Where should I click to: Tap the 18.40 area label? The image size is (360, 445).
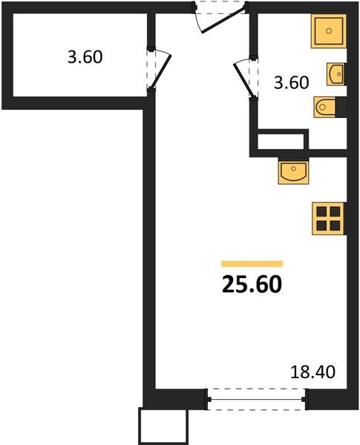tap(312, 370)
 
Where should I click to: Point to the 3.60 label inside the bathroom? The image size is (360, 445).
tap(291, 82)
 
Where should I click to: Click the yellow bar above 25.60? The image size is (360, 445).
tap(252, 263)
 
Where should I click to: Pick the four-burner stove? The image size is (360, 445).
tap(327, 218)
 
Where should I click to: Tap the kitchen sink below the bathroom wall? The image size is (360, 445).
tap(294, 172)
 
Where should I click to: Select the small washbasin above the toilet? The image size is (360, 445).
tap(336, 72)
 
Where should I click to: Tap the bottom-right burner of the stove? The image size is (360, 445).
tap(334, 225)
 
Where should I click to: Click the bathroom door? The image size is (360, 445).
tap(243, 76)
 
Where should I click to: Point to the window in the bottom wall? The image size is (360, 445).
tap(256, 401)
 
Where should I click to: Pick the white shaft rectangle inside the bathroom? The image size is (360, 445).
tap(281, 141)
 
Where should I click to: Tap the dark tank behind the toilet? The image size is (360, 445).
tap(341, 109)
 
